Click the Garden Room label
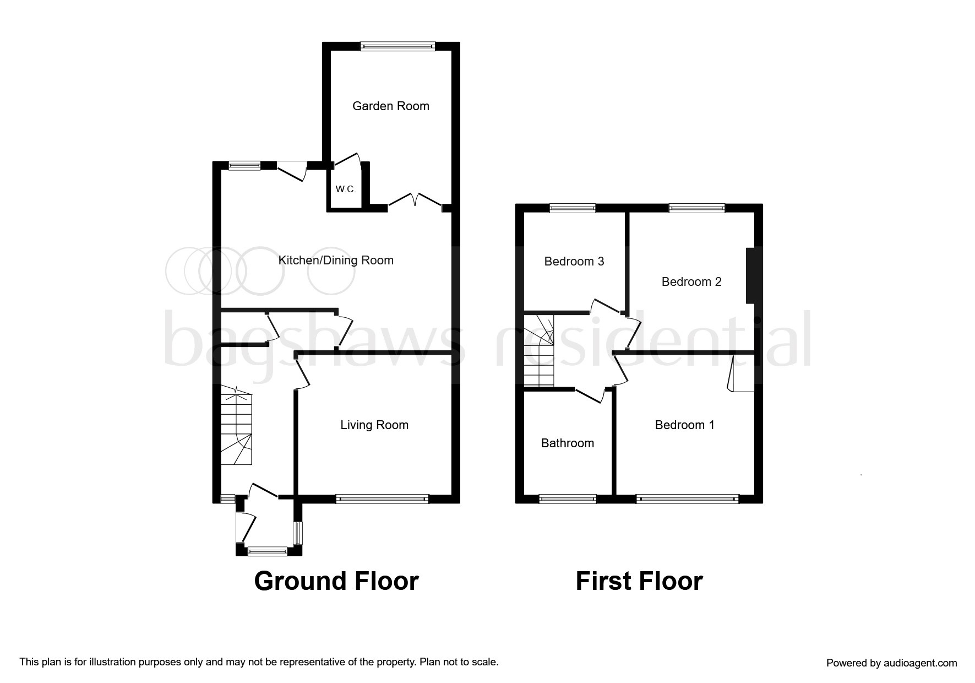[x=390, y=106]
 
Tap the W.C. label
[x=346, y=189]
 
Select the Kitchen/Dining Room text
[x=336, y=260]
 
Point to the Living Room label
[x=374, y=425]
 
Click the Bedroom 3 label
[x=574, y=261]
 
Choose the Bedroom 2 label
[x=691, y=281]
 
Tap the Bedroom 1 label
[x=684, y=425]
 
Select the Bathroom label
[x=567, y=443]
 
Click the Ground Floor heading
[x=336, y=581]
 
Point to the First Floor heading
[x=639, y=581]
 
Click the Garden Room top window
[x=397, y=47]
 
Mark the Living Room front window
[x=382, y=499]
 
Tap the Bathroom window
[x=567, y=499]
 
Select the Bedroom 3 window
[x=573, y=208]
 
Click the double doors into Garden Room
[x=416, y=200]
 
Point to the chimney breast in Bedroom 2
[x=750, y=275]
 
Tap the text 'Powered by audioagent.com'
[x=891, y=663]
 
